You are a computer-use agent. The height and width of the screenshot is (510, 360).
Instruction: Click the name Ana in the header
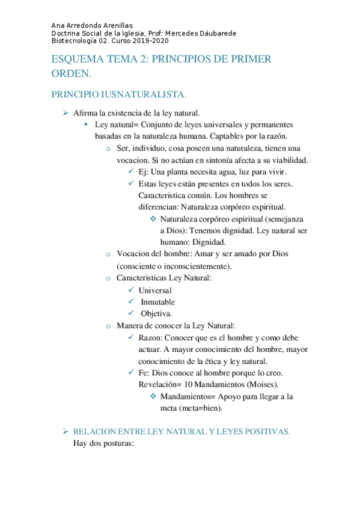pos(58,26)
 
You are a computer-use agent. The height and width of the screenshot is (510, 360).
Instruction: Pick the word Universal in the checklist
pos(155,290)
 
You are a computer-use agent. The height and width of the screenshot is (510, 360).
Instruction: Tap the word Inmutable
pos(157,302)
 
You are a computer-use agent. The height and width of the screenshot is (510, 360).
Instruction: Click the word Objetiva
pos(157,313)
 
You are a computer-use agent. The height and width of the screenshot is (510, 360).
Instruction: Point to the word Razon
pos(150,337)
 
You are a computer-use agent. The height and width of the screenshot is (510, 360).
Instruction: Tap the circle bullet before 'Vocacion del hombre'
pos(108,254)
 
